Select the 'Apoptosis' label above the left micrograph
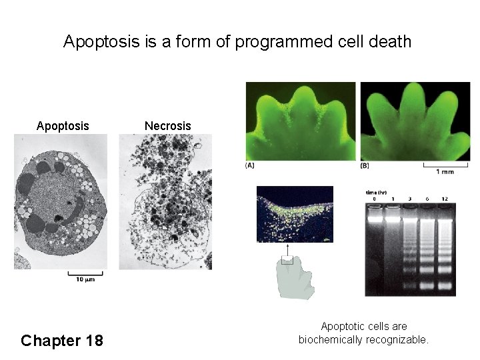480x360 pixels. pyautogui.click(x=63, y=126)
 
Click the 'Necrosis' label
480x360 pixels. pyautogui.click(x=168, y=126)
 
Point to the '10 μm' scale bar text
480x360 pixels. pyautogui.click(x=85, y=279)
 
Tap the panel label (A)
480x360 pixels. pyautogui.click(x=251, y=165)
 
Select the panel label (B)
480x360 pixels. pyautogui.click(x=365, y=165)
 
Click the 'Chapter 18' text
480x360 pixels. pyautogui.click(x=62, y=341)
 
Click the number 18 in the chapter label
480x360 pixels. pyautogui.click(x=94, y=341)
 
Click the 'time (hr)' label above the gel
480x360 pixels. pyautogui.click(x=377, y=192)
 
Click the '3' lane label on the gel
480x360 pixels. pyautogui.click(x=409, y=199)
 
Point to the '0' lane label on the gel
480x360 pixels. pyautogui.click(x=375, y=199)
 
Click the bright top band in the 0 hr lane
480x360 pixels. pyautogui.click(x=375, y=217)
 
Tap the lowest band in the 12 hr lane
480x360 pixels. pyautogui.click(x=445, y=285)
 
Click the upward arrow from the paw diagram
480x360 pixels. pyautogui.click(x=287, y=252)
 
